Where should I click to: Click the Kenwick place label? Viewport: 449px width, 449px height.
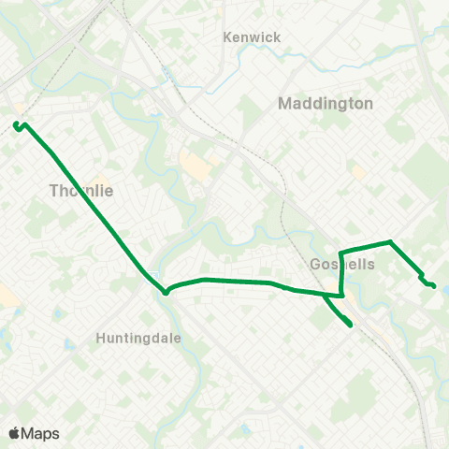click(x=252, y=37)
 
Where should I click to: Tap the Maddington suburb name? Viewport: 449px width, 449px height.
click(x=326, y=104)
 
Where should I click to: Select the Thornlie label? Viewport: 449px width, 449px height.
click(x=80, y=191)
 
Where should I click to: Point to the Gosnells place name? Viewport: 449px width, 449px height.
click(x=341, y=265)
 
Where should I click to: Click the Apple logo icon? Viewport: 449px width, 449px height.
click(x=14, y=433)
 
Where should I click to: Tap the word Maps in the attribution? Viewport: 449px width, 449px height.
click(x=41, y=433)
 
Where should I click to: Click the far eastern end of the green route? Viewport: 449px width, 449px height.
click(x=433, y=284)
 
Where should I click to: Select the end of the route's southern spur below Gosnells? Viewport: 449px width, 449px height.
click(x=350, y=325)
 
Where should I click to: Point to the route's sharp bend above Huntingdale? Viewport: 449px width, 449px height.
click(x=166, y=291)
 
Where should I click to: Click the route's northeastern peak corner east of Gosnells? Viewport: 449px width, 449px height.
click(x=390, y=242)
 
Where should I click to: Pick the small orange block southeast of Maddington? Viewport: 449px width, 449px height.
click(x=358, y=173)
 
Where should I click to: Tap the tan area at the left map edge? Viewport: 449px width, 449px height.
click(x=6, y=297)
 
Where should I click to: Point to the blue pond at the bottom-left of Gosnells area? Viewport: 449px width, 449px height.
click(x=245, y=429)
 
